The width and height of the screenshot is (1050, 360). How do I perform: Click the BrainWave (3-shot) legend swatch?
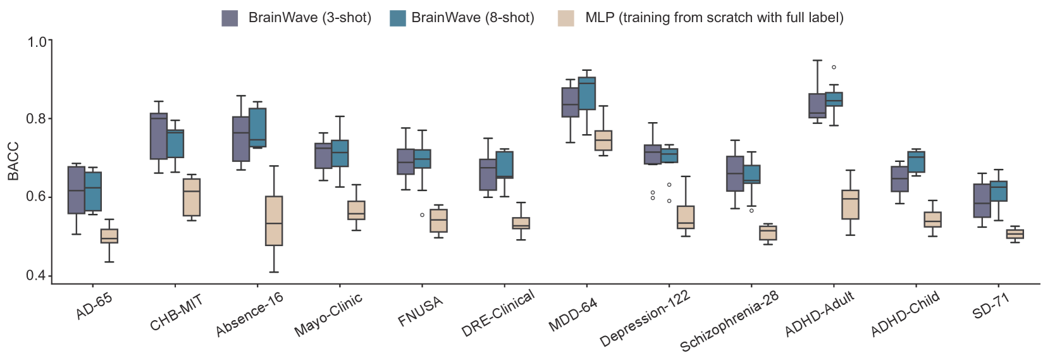(230, 18)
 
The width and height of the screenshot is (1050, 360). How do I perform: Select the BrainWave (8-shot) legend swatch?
(398, 18)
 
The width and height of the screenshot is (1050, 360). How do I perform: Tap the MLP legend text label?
(714, 18)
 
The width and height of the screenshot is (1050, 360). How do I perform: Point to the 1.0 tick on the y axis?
(39, 42)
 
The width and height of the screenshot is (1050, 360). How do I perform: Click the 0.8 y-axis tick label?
(39, 118)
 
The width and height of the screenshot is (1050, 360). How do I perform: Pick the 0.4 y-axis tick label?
(39, 276)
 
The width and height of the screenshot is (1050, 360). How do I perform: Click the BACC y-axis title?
(13, 161)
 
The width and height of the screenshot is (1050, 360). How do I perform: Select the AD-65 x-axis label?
(94, 306)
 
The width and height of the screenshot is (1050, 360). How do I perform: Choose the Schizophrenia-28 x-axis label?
(729, 321)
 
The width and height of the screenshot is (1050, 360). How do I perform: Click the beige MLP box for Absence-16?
(274, 221)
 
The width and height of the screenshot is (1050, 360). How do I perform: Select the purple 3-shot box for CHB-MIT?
(158, 136)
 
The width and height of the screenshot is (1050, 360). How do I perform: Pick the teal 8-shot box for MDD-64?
(587, 93)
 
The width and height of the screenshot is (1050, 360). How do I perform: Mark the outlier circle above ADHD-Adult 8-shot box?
(834, 67)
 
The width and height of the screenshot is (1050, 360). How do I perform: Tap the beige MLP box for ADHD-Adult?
(851, 204)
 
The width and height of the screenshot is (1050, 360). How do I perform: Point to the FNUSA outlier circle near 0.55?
(422, 215)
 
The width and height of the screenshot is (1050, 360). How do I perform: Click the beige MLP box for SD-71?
(1015, 234)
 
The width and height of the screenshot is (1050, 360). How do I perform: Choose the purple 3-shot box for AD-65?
(77, 190)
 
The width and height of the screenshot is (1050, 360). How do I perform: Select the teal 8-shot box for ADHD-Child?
(916, 162)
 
